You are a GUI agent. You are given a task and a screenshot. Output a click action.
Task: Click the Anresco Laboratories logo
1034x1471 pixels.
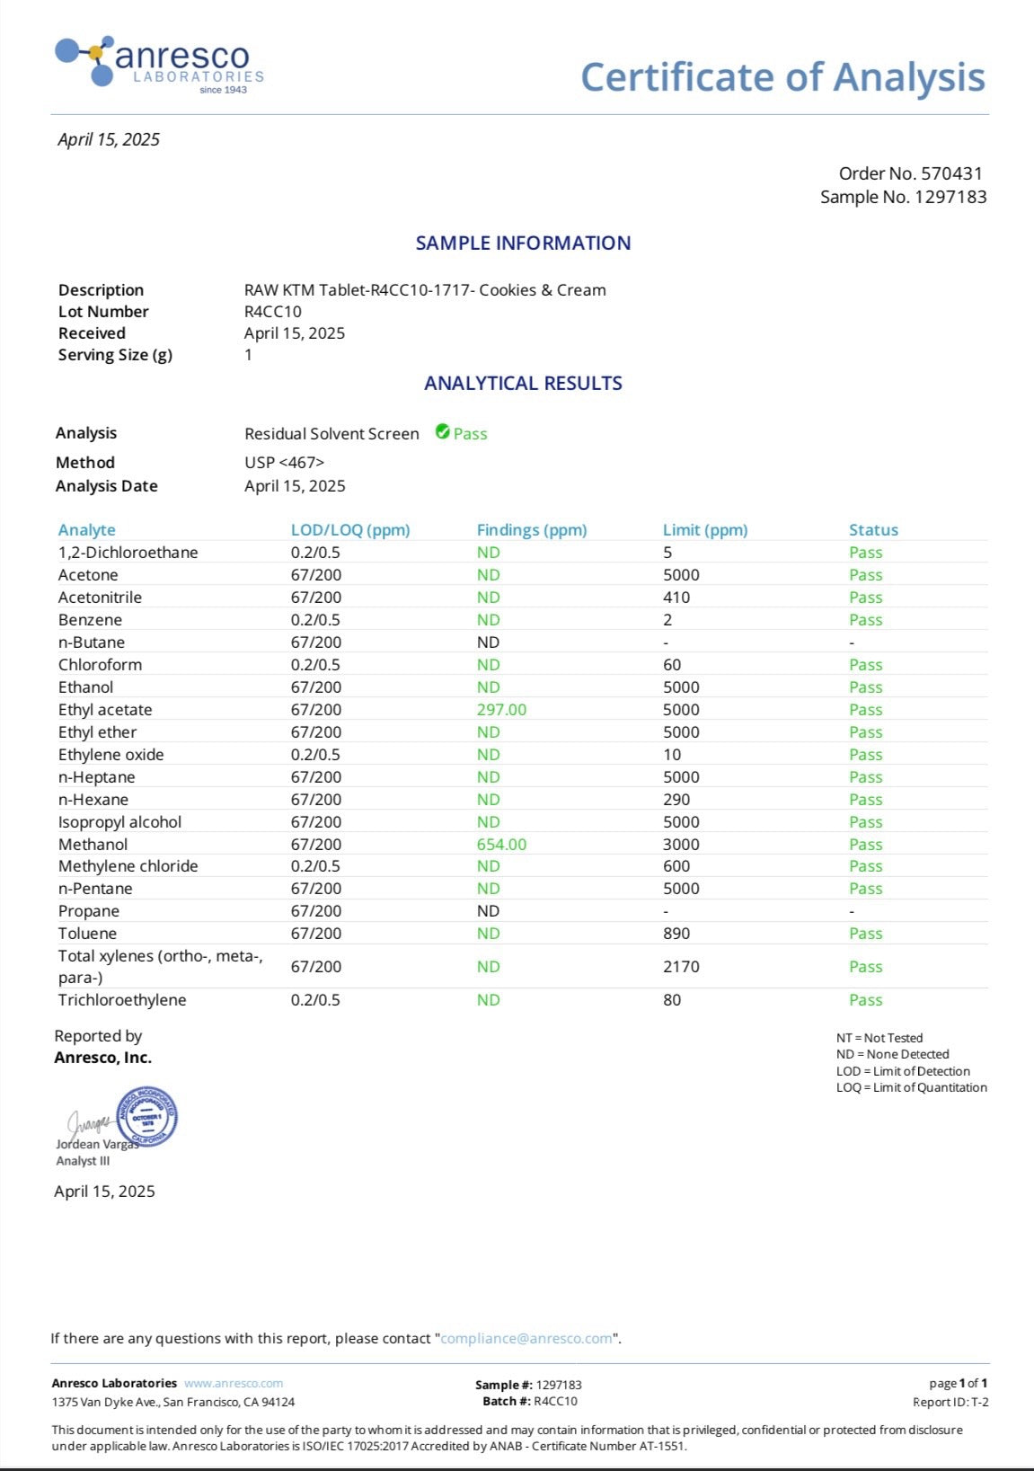pos(160,64)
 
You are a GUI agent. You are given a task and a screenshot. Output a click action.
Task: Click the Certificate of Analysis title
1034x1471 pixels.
pos(782,77)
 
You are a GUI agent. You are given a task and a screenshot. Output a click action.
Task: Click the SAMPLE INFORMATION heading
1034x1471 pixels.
pos(523,243)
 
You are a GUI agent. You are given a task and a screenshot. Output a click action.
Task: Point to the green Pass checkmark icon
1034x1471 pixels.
pos(442,432)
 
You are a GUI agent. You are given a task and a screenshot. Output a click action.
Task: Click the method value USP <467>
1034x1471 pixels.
pos(284,462)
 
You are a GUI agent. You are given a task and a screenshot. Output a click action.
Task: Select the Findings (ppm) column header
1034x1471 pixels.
pos(531,530)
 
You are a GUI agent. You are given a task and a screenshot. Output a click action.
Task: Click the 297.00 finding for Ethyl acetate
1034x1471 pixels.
pos(501,710)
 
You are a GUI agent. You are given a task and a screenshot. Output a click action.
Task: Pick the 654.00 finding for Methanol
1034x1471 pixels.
pos(501,845)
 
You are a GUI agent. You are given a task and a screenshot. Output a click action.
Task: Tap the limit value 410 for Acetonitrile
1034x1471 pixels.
pos(676,598)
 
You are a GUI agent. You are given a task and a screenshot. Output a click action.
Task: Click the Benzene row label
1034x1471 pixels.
pos(90,620)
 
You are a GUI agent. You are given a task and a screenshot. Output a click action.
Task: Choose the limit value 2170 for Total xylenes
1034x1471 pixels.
pos(681,967)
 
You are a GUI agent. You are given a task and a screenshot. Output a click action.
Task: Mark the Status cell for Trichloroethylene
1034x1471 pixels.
pos(865,1000)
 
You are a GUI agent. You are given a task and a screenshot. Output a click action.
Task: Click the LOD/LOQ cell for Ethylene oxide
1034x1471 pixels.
pos(315,755)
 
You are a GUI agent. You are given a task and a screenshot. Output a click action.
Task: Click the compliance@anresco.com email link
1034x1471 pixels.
pos(526,1338)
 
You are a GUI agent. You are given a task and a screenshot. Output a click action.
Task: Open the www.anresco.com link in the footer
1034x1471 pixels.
pos(234,1383)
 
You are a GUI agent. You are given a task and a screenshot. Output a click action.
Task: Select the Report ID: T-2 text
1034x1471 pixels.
pos(950,1402)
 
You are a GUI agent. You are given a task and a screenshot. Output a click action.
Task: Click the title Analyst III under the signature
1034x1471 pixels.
pos(83,1161)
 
